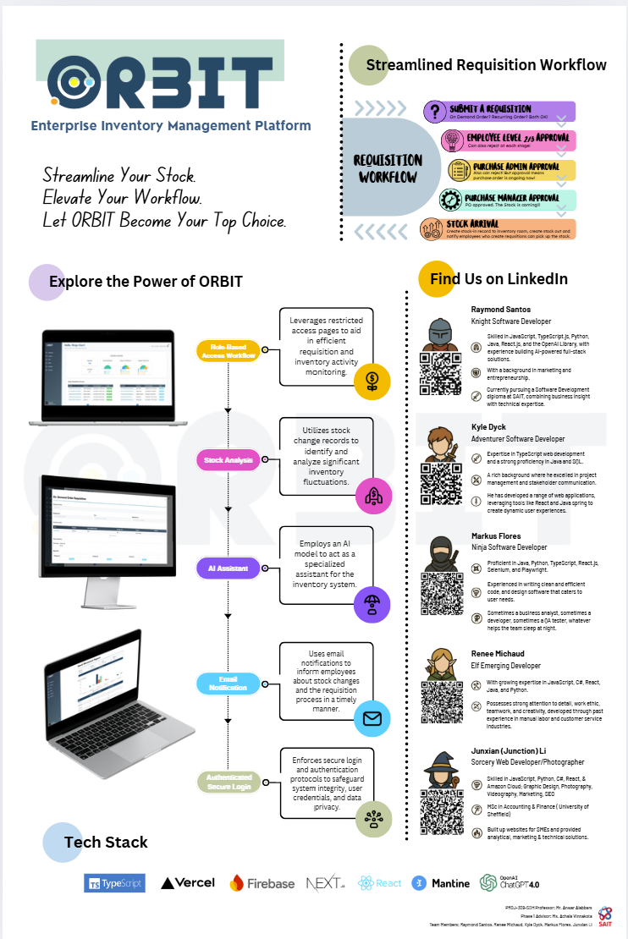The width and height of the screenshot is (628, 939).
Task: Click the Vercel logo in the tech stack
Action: click(x=188, y=882)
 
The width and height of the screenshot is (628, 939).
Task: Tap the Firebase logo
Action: click(x=262, y=883)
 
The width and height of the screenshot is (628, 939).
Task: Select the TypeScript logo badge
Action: click(x=115, y=883)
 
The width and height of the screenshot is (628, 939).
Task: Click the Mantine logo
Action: click(x=441, y=883)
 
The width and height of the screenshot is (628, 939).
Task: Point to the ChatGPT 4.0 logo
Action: click(x=510, y=882)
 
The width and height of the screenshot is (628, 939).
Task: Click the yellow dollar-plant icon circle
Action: click(x=372, y=382)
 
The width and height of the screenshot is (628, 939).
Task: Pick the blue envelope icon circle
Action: click(x=372, y=719)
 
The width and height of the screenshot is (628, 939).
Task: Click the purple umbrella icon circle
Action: click(x=372, y=605)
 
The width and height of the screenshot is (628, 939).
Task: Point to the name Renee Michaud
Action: click(x=499, y=653)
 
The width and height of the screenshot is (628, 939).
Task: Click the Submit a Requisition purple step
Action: click(x=499, y=112)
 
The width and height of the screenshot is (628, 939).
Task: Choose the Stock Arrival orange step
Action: click(x=499, y=229)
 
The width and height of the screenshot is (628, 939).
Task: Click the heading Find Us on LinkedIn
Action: click(x=499, y=279)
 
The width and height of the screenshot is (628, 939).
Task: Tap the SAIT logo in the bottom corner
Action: click(x=604, y=915)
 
